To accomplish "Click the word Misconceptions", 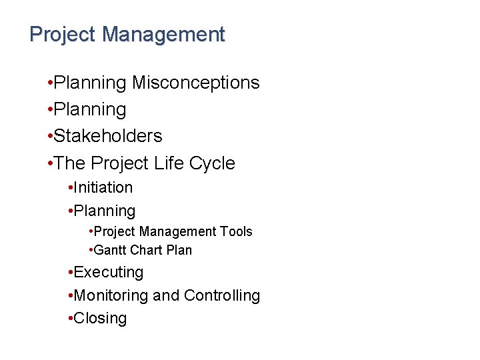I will [196, 83].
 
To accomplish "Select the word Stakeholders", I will [108, 136].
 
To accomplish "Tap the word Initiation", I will [103, 188].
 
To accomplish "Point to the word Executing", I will [109, 272].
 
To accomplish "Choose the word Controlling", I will [222, 295].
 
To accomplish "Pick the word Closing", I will [100, 318].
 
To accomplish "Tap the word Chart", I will [147, 250].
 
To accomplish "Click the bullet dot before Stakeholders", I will [51, 137].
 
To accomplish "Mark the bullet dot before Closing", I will [71, 319].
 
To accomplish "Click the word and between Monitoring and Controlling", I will [166, 295].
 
